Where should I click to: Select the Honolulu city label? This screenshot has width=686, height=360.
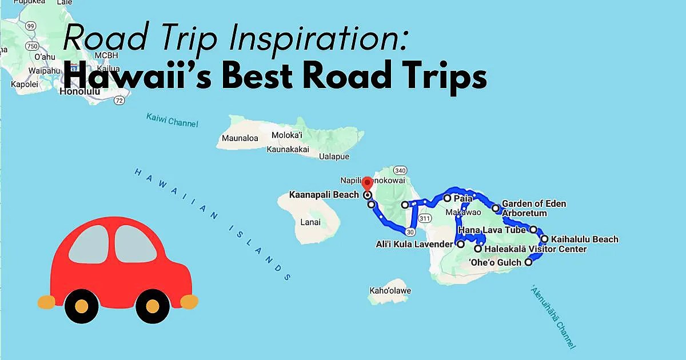pos(80,91)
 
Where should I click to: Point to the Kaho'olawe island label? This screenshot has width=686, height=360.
pos(390,291)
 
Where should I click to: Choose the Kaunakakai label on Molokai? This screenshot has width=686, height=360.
pos(288,150)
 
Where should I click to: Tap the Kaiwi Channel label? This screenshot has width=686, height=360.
pos(171,121)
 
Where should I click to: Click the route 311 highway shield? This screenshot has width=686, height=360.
pos(424,218)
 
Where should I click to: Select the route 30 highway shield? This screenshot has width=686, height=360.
pos(410,231)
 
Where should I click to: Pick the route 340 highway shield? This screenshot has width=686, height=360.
pos(400,170)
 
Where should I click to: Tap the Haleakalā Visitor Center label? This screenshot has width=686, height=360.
pos(535,249)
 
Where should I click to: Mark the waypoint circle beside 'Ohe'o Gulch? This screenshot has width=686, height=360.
pos(528,262)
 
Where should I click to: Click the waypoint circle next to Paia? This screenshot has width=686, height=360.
pos(447,198)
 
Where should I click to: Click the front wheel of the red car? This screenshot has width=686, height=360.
pos(152,306)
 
